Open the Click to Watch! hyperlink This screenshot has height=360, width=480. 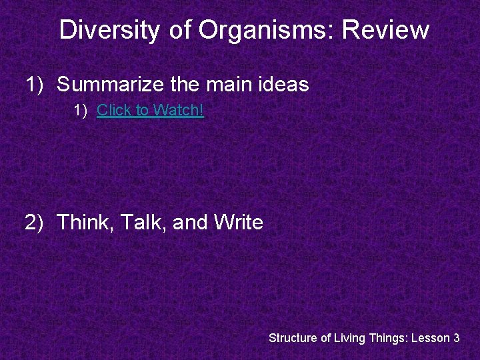click(150, 110)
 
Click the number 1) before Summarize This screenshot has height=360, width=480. click(35, 85)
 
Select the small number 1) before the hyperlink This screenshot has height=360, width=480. click(81, 110)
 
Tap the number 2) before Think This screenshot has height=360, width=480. click(35, 222)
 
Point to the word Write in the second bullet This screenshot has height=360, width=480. click(239, 222)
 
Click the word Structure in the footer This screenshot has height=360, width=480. click(293, 338)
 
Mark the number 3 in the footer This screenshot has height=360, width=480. click(456, 338)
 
